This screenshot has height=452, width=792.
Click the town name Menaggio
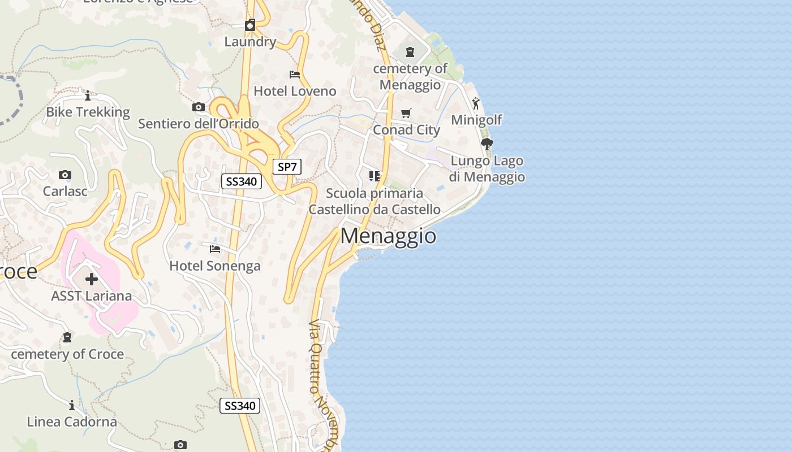(x=388, y=236)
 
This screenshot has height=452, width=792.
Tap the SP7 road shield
(x=287, y=167)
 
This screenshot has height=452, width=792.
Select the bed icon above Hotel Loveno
(x=294, y=74)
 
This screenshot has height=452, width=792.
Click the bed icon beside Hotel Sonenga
(x=214, y=249)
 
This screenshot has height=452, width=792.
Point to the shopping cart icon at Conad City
(x=406, y=114)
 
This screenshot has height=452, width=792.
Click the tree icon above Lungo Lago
(x=487, y=144)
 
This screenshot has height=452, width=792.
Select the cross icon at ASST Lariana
(x=92, y=279)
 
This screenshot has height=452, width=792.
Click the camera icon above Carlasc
(x=65, y=175)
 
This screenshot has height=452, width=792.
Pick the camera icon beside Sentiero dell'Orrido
(x=198, y=107)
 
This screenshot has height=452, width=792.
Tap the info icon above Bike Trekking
(x=88, y=95)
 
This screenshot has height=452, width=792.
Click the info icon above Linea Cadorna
(x=72, y=405)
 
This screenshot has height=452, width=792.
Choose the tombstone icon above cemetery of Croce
(x=67, y=337)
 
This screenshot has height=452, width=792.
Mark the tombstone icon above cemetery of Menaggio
(x=410, y=52)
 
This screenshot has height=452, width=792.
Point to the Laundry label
(x=250, y=41)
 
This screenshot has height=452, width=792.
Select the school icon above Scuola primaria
(x=374, y=176)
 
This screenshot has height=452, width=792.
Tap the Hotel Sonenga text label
(x=215, y=266)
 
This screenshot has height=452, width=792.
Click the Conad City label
(x=406, y=130)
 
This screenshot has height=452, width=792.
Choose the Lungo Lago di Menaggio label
(x=487, y=169)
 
